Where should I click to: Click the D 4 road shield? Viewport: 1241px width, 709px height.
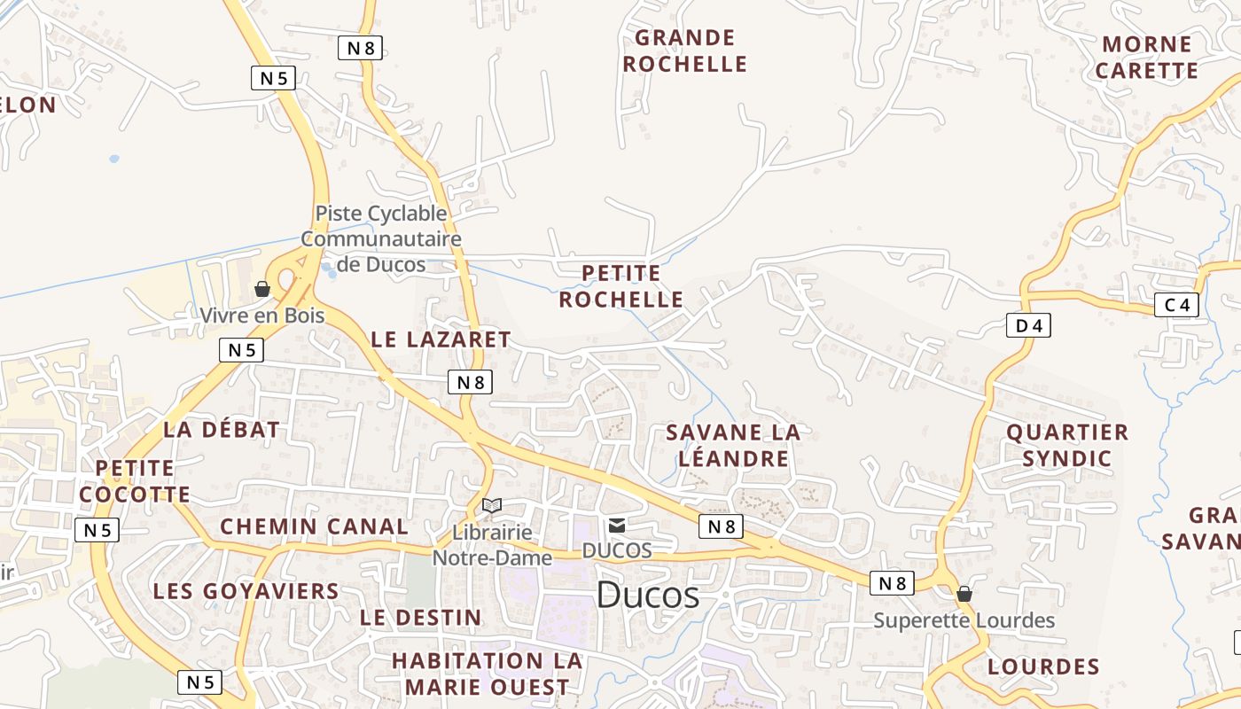click(x=1028, y=325)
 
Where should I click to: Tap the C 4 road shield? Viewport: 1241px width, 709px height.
click(x=1176, y=306)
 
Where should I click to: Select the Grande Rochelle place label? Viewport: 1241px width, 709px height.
click(x=685, y=51)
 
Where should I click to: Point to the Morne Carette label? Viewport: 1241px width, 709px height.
click(x=1147, y=57)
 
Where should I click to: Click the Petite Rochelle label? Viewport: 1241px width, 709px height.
click(x=621, y=286)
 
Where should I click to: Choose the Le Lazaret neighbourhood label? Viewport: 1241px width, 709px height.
click(x=441, y=339)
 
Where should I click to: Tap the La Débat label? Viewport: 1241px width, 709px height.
click(x=222, y=430)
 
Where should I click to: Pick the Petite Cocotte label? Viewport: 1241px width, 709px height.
click(x=135, y=481)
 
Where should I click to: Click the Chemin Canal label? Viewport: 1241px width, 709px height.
click(x=314, y=526)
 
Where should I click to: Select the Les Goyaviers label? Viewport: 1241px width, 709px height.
click(x=246, y=591)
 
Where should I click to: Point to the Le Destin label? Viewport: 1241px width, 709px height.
click(x=421, y=618)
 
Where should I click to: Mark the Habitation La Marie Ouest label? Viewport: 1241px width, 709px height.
click(x=488, y=674)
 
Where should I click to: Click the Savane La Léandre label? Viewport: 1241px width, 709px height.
click(x=732, y=445)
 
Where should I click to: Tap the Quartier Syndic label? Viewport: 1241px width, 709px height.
click(x=1067, y=445)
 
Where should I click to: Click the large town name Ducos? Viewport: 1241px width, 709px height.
click(x=647, y=595)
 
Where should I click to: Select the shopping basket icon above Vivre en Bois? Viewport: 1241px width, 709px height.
click(x=262, y=289)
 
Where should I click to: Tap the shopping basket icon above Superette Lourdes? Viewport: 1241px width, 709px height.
click(x=964, y=594)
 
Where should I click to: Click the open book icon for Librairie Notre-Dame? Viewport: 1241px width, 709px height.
click(x=492, y=505)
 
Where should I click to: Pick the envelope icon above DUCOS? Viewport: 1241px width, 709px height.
click(x=617, y=526)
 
